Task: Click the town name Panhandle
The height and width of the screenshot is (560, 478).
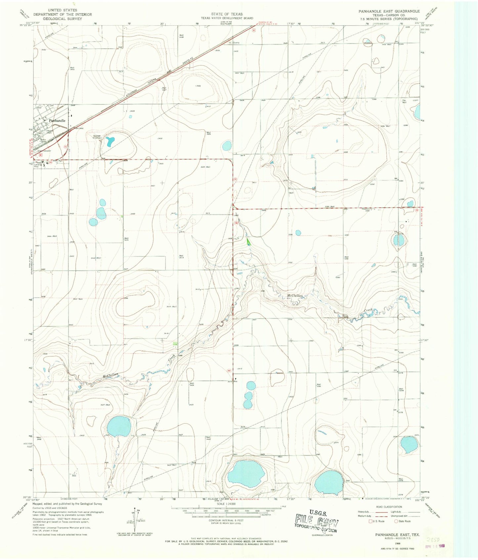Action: (57, 121)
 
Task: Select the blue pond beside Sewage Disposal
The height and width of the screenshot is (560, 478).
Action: (109, 142)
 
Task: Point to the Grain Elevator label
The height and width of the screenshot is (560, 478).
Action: (44, 151)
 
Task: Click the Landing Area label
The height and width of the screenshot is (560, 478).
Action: (39, 164)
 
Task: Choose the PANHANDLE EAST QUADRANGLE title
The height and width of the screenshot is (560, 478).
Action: (389, 11)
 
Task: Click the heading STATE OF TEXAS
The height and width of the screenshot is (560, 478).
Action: (227, 14)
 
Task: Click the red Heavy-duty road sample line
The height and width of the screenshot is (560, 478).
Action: (378, 512)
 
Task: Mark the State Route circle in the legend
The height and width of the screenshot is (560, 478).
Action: (396, 521)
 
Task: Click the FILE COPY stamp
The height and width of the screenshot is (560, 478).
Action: (317, 525)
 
